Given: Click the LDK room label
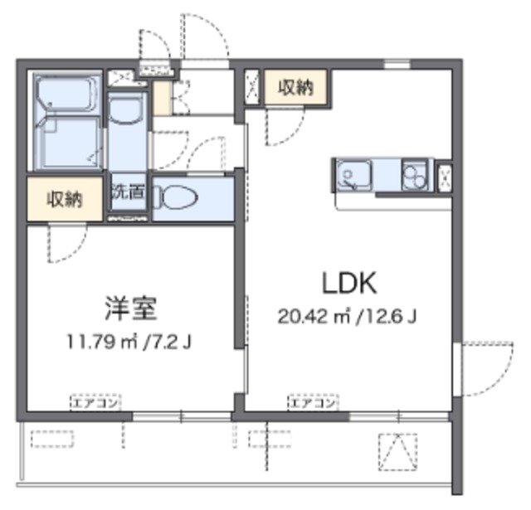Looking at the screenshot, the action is tap(349, 284).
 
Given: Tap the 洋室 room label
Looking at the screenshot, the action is tap(131, 308).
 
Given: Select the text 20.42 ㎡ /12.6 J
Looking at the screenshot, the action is tap(347, 317).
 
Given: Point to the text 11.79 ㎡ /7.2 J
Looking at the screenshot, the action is tap(129, 342).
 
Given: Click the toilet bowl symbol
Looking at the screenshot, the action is tap(176, 197).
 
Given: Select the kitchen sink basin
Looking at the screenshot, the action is tap(353, 175).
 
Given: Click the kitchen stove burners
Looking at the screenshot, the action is tap(415, 175).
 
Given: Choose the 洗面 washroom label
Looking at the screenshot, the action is tap(129, 192).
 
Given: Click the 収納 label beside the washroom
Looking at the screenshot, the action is tap(65, 199).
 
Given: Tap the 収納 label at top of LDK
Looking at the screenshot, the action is tap(296, 87).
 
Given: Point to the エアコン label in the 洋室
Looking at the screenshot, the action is tap(96, 403).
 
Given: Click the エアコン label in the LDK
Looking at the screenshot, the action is tap(314, 403).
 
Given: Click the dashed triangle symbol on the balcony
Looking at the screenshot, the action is tap(397, 452).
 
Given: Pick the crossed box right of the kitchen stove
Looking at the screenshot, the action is tap(445, 177).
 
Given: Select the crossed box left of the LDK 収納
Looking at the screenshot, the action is tap(251, 87).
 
